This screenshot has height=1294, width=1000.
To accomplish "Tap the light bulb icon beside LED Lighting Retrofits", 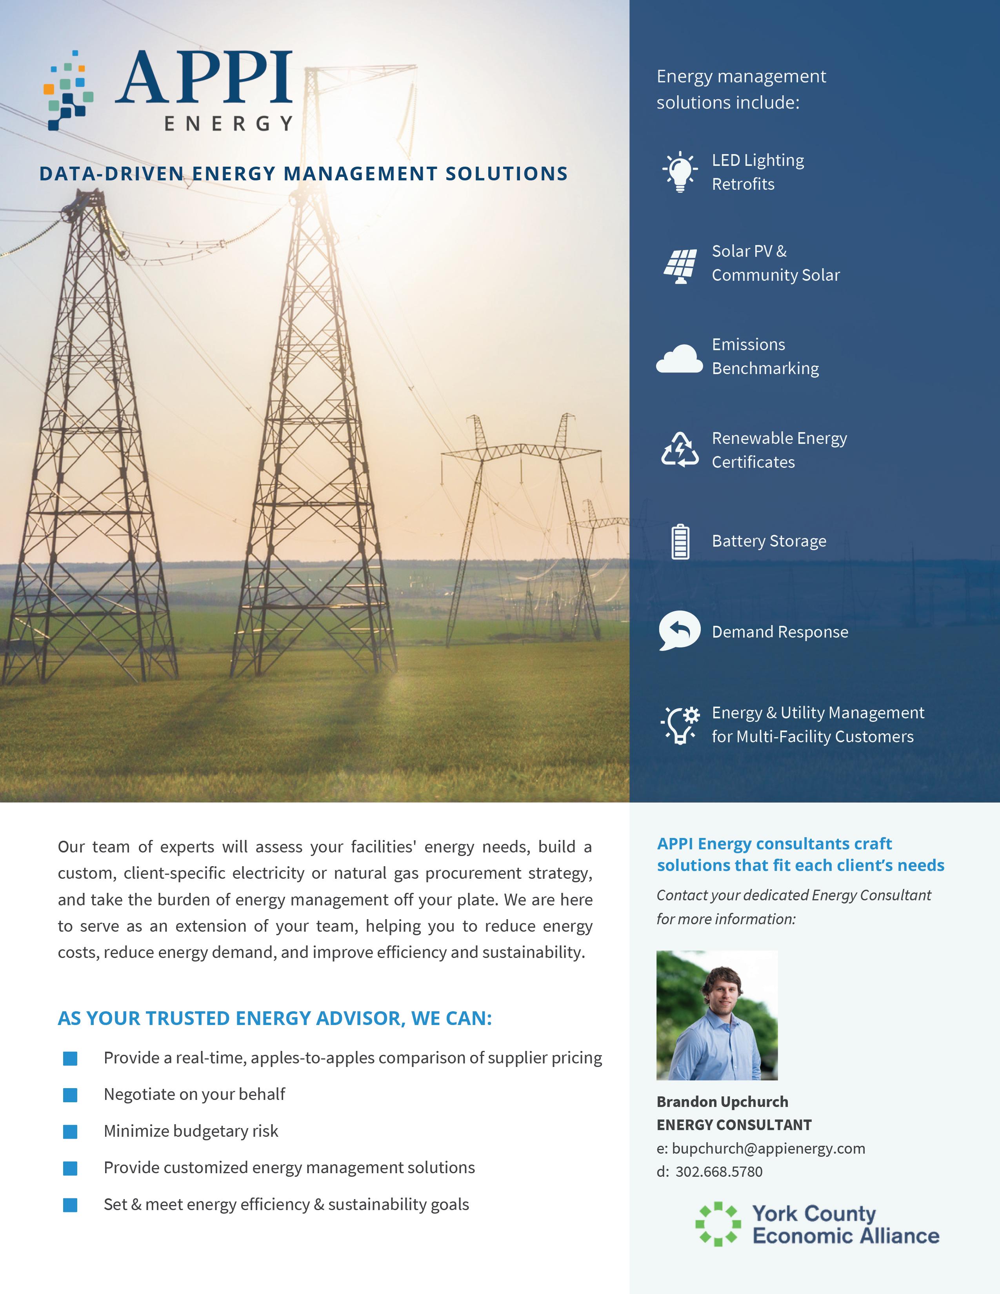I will click(x=680, y=171).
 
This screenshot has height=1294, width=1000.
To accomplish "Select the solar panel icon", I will click(x=680, y=266).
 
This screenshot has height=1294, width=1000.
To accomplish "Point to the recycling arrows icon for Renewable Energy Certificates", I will click(x=680, y=450).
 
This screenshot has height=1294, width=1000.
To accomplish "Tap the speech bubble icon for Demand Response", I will click(x=680, y=631).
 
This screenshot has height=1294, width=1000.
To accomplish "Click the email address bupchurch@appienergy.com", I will click(x=768, y=1148).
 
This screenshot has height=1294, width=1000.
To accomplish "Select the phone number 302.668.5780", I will click(x=718, y=1171).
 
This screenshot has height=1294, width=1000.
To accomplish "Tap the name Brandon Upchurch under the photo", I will click(x=722, y=1101).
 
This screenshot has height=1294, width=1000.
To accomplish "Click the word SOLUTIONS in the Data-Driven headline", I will click(x=507, y=174).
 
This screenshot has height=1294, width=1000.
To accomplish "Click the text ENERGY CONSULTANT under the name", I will click(x=734, y=1125).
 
